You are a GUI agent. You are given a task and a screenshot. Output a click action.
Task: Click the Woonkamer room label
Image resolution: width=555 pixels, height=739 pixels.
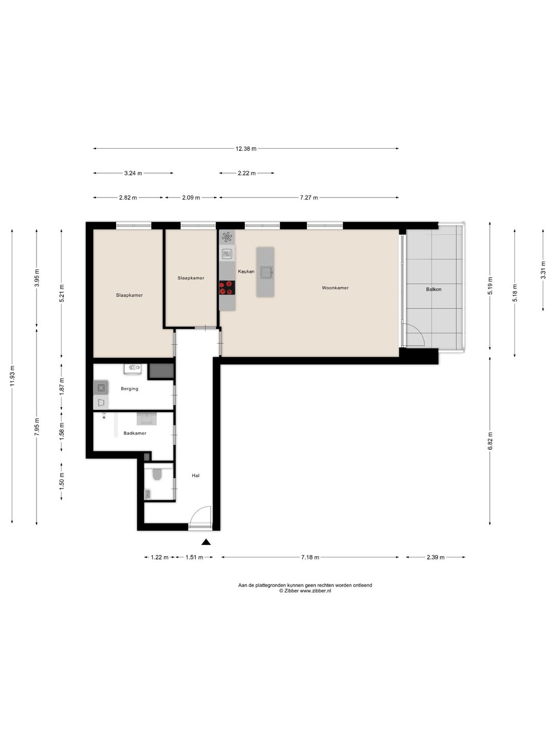pyautogui.click(x=335, y=288)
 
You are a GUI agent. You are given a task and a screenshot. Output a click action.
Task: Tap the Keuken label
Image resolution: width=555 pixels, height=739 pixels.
pyautogui.click(x=246, y=271)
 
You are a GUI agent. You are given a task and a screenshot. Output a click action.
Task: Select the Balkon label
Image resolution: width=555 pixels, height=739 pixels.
pyautogui.click(x=434, y=289)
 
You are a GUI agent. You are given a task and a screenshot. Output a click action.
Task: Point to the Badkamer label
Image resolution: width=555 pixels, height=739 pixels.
pyautogui.click(x=135, y=433)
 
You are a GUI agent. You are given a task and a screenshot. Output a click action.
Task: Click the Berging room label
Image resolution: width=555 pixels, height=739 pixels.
pyautogui.click(x=129, y=388)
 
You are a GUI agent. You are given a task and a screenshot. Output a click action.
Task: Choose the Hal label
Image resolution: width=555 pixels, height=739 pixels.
pyautogui.click(x=195, y=475)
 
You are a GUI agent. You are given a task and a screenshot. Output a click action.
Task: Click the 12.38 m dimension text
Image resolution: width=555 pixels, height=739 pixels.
pyautogui.click(x=246, y=148)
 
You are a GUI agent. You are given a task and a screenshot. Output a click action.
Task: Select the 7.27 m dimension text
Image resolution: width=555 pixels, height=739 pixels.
pyautogui.click(x=309, y=198)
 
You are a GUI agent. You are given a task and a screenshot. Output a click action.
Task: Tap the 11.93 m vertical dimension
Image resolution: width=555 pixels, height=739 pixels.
pyautogui.click(x=12, y=376)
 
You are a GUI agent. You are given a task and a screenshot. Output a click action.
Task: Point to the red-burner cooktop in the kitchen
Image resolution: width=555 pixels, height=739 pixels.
pyautogui.click(x=227, y=288)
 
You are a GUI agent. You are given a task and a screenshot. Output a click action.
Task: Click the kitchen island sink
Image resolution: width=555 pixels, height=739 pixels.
pyautogui.click(x=266, y=272)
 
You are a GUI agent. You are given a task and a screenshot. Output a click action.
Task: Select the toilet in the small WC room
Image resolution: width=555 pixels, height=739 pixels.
pyautogui.click(x=157, y=474)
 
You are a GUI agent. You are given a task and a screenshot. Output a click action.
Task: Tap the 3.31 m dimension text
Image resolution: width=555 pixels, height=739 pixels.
pyautogui.click(x=543, y=270)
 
